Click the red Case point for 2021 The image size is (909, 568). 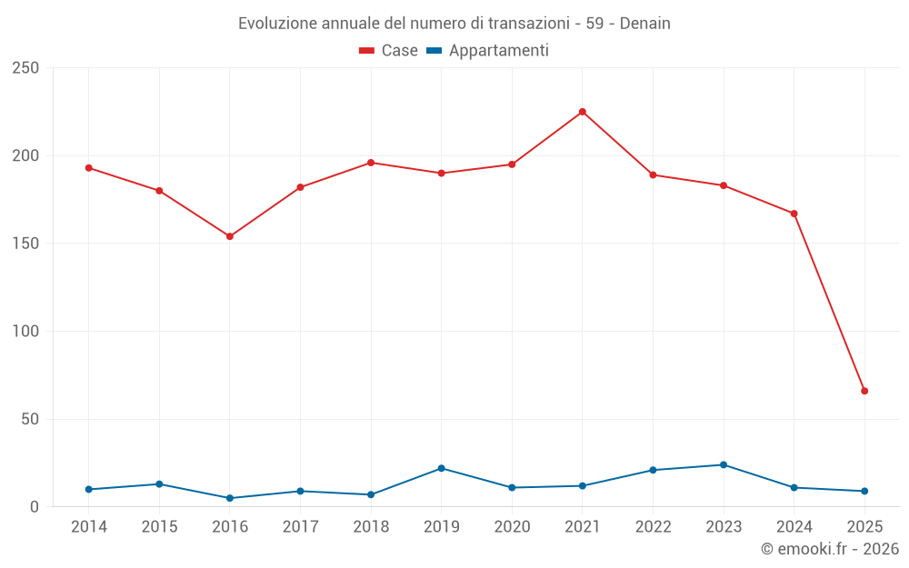click(583, 112)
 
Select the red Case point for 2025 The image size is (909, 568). click(864, 391)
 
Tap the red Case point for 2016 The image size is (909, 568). click(230, 236)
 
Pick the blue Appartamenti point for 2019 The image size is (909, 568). click(442, 468)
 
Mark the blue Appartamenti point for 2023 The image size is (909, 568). click(724, 464)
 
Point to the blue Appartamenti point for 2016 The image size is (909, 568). click(230, 498)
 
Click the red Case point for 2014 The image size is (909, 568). click(89, 168)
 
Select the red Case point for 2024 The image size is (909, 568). click(794, 214)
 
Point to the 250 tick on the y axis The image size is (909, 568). click(26, 68)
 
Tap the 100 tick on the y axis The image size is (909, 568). click(26, 332)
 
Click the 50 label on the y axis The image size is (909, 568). click(31, 419)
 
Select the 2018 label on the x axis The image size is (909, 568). click(371, 527)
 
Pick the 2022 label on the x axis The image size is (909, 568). click(653, 527)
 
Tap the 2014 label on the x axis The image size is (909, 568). click(89, 527)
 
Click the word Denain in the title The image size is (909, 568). click(646, 24)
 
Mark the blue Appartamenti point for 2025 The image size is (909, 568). click(864, 491)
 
